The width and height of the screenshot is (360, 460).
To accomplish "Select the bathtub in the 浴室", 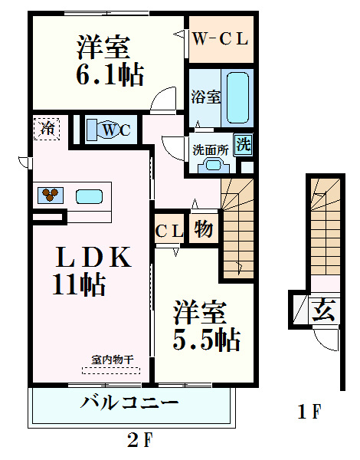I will pyautogui.click(x=237, y=97).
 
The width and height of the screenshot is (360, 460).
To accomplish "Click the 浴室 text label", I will pyautogui.click(x=205, y=97).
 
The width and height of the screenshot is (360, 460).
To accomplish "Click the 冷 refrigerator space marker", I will pyautogui.click(x=48, y=128).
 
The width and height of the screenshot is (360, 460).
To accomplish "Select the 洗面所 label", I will pyautogui.click(x=210, y=150).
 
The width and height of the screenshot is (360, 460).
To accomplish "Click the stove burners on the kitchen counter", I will pyautogui.click(x=50, y=195).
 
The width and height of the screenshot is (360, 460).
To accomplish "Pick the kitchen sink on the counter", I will pyautogui.click(x=89, y=195).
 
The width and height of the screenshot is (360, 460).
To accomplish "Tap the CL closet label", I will pyautogui.click(x=169, y=231).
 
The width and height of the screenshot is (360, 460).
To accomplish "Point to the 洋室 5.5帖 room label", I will pyautogui.click(x=205, y=326).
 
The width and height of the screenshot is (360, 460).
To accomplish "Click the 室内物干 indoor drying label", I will pyautogui.click(x=113, y=359).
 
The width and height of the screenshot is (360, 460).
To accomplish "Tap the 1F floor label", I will pyautogui.click(x=309, y=412).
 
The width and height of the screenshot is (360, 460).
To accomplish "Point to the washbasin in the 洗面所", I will pyautogui.click(x=208, y=166).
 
